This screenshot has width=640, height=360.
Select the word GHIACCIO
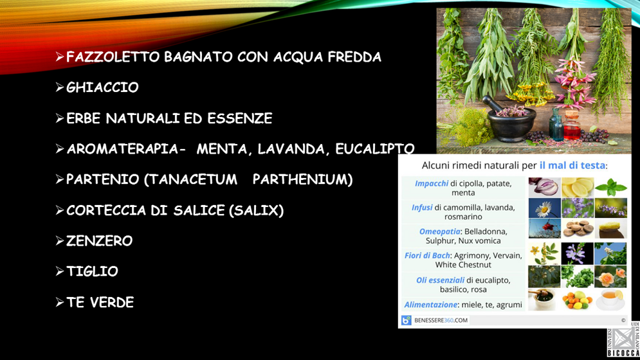(x=102, y=87)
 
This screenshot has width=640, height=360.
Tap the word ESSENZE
(x=239, y=118)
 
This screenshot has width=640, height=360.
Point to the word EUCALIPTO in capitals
(x=375, y=149)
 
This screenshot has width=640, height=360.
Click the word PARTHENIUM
(x=302, y=179)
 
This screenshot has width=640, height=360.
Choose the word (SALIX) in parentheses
(x=257, y=211)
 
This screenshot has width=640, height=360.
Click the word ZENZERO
(x=99, y=241)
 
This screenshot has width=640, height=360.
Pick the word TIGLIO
(x=92, y=271)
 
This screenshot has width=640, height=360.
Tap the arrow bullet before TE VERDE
(x=60, y=302)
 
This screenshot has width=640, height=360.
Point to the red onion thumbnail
(x=545, y=188)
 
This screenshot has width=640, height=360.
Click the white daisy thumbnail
(x=545, y=208)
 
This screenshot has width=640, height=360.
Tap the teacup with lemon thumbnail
(x=610, y=300)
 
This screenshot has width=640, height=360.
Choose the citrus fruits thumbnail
(x=578, y=300)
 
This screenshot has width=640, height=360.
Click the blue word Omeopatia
(x=439, y=231)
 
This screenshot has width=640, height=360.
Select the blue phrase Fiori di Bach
(x=427, y=255)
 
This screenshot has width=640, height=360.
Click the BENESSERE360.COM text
(x=441, y=320)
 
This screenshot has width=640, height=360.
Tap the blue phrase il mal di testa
(x=572, y=165)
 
